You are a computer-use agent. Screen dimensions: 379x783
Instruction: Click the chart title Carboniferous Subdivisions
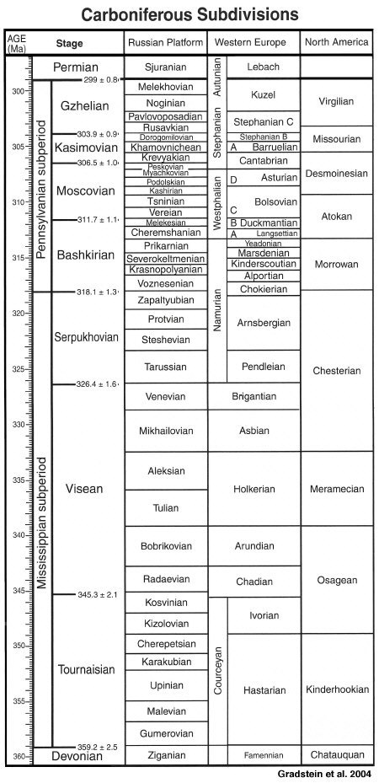(189, 14)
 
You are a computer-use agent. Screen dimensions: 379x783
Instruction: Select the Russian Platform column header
(165, 42)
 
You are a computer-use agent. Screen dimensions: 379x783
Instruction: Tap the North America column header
(336, 42)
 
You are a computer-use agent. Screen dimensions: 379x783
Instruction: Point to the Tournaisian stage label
(86, 670)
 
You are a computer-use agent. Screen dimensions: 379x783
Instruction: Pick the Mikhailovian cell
(165, 431)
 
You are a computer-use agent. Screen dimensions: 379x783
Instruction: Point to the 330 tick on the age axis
(17, 424)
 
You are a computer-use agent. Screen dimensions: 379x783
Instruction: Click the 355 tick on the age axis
(17, 700)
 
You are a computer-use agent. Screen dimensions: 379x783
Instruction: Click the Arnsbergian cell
(265, 323)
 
